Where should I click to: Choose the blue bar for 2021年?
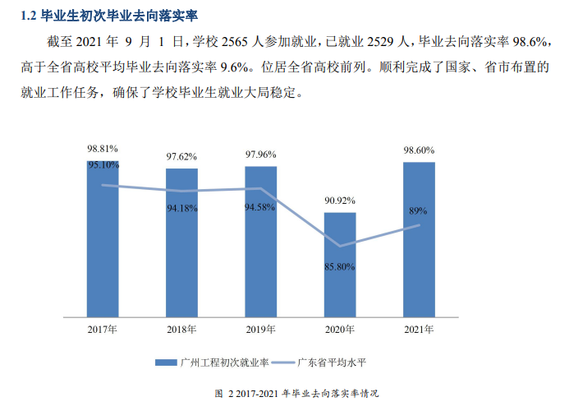point(419,239)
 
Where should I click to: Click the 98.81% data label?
point(103,149)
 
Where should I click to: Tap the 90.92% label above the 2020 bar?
point(340,200)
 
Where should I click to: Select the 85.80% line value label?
point(340,266)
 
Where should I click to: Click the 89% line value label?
point(418,211)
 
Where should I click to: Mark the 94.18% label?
point(182,208)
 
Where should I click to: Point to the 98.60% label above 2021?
point(419,150)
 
